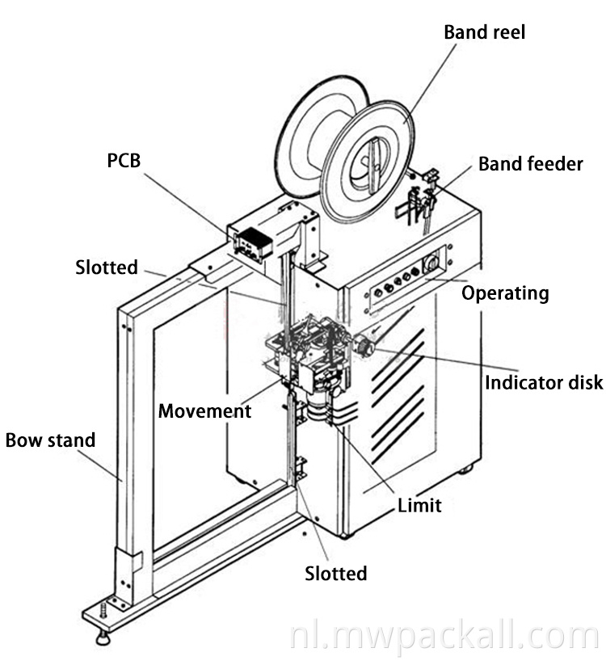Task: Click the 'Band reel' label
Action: pyautogui.click(x=484, y=33)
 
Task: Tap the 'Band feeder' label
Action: pyautogui.click(x=530, y=164)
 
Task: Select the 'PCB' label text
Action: pyautogui.click(x=124, y=161)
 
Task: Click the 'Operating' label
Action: pyautogui.click(x=505, y=293)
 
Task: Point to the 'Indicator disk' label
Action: pyautogui.click(x=543, y=381)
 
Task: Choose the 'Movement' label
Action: pyautogui.click(x=204, y=410)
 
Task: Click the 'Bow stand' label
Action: pyautogui.click(x=50, y=440)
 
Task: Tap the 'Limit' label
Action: pyautogui.click(x=419, y=506)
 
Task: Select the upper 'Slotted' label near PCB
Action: pyautogui.click(x=107, y=267)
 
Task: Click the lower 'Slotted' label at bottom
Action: pyautogui.click(x=335, y=574)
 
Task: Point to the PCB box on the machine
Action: pyautogui.click(x=250, y=240)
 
